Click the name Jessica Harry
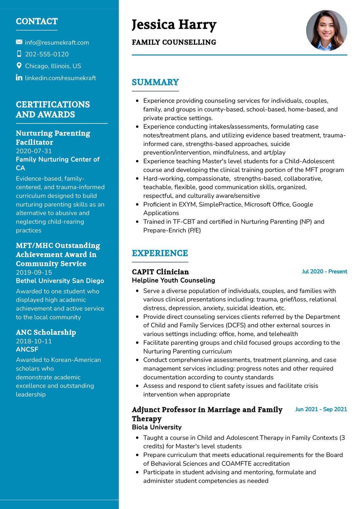[x=174, y=25]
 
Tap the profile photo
[x=326, y=30]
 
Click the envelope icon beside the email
[x=19, y=42]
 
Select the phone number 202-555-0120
[x=47, y=54]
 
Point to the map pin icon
[x=19, y=66]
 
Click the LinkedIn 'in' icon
[x=19, y=77]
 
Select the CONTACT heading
[x=37, y=22]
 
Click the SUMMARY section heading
[x=155, y=82]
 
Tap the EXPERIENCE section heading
[x=160, y=253]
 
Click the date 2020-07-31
[x=34, y=151]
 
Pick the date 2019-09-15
[x=34, y=272]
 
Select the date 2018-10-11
[x=34, y=341]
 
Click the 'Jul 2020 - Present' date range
[x=324, y=271]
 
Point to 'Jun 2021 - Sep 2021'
[x=321, y=409]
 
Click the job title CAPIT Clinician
[x=160, y=272]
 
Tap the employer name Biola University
[x=157, y=427]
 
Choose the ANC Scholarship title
[x=46, y=332]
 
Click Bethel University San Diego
[x=60, y=281]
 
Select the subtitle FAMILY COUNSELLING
[x=174, y=42]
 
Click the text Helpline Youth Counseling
[x=173, y=280]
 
